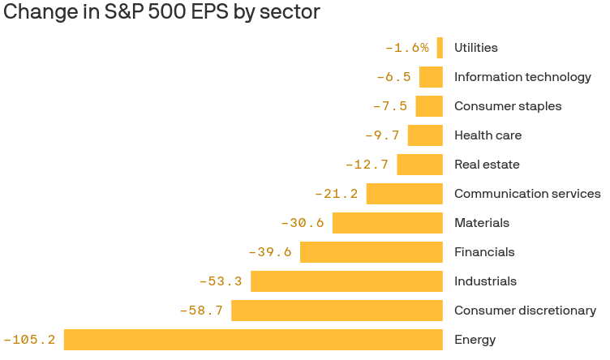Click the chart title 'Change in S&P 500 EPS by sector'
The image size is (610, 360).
pos(162,12)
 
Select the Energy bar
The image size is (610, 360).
pos(253,340)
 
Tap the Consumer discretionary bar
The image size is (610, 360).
pos(337,311)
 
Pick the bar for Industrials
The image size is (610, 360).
pos(346,281)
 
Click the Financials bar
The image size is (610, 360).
pos(372,252)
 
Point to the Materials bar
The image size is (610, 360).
pos(388,223)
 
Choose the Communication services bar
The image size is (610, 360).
pos(405,194)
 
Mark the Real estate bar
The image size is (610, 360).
pos(419,165)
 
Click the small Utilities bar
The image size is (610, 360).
pos(440,48)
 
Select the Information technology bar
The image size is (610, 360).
pos(431,77)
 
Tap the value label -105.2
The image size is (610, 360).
pos(30,340)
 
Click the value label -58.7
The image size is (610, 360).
pos(201,311)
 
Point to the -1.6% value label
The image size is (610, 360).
pos(407,48)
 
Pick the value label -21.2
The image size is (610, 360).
pos(337,194)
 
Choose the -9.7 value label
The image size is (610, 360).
pos(382,135)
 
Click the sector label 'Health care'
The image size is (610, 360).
pos(488,135)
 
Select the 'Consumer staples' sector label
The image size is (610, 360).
pos(508,106)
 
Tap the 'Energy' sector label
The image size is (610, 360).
pos(475,340)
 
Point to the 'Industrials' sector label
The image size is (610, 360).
pos(485,281)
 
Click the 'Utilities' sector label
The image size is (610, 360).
pos(476,48)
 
